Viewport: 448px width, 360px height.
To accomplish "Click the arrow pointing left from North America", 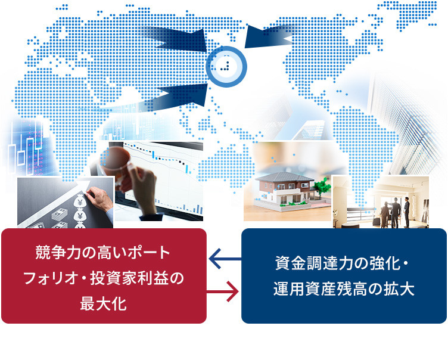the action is (269, 36).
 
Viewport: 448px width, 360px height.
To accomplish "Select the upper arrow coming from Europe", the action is (177, 39).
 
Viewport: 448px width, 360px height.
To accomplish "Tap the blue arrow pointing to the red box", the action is (225, 259).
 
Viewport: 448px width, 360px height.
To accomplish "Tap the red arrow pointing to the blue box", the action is (223, 291).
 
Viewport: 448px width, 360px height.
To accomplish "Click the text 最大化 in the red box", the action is (104, 303).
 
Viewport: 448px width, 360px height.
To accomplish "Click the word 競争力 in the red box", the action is (58, 253).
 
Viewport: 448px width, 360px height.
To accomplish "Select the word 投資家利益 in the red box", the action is (129, 278).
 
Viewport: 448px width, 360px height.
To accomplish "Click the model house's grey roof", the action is (284, 177).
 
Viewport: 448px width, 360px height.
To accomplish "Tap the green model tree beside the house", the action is (322, 187).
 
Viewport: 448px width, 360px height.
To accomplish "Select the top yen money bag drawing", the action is (80, 200).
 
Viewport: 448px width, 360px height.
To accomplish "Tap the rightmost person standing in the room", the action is (406, 212).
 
